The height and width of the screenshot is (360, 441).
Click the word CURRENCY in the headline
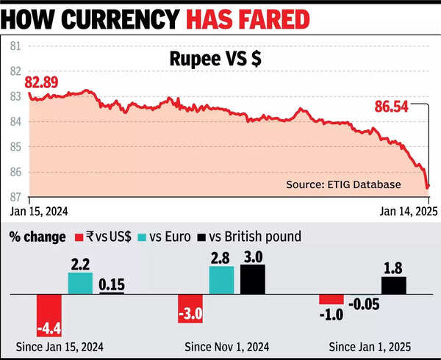129,16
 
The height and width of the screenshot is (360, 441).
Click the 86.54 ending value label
391,106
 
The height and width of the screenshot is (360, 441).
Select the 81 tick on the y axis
15,46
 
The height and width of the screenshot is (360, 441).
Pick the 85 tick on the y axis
15,147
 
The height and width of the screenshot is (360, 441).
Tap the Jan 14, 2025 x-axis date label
404,211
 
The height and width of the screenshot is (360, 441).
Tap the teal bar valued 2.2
81,283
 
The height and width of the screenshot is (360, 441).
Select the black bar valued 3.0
252,279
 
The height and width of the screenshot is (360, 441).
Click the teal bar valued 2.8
221,280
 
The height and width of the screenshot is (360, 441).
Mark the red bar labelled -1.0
331,299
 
